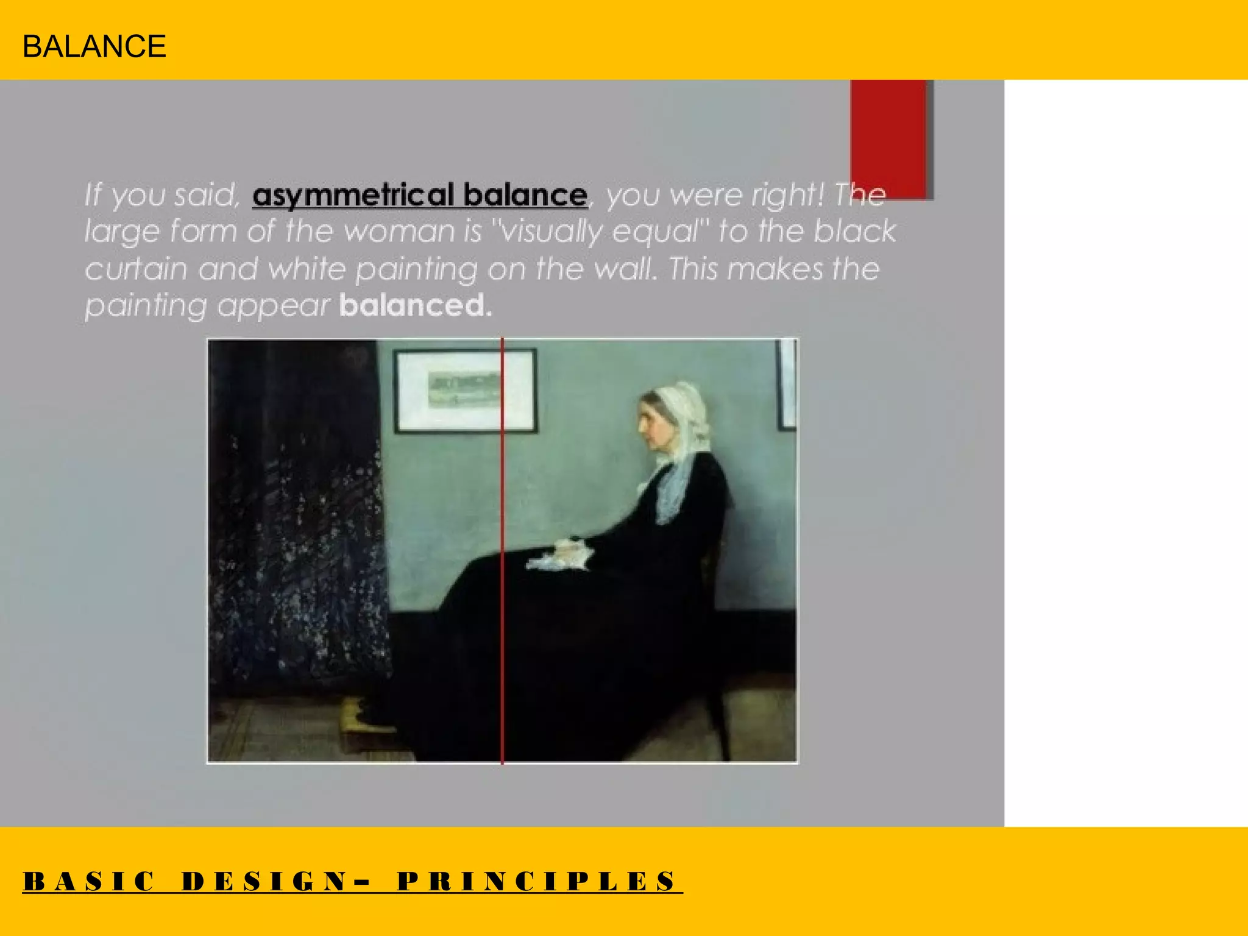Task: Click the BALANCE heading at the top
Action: tap(94, 46)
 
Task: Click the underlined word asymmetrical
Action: tap(353, 195)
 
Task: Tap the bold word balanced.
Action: tap(415, 305)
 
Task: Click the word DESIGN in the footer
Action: tap(265, 882)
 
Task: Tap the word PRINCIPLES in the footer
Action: tap(537, 882)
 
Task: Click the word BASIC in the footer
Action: tap(89, 882)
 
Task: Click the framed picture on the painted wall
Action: tap(465, 391)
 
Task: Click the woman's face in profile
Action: tap(650, 420)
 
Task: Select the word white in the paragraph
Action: tap(307, 269)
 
